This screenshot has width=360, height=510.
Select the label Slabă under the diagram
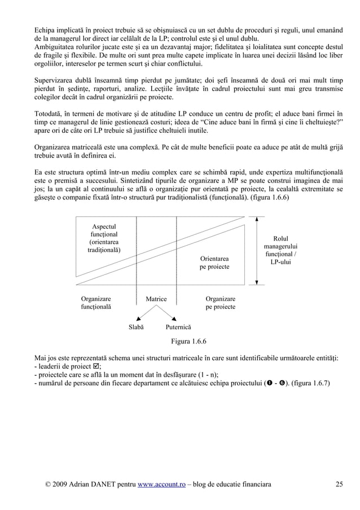[136, 328]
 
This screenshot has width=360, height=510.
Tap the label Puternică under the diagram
[178, 328]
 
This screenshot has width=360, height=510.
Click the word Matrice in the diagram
[156, 299]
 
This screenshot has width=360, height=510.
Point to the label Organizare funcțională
[96, 303]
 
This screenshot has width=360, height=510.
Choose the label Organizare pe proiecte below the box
[221, 303]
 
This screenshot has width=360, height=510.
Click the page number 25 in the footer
[339, 484]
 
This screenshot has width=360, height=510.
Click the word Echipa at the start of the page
[45, 29]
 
